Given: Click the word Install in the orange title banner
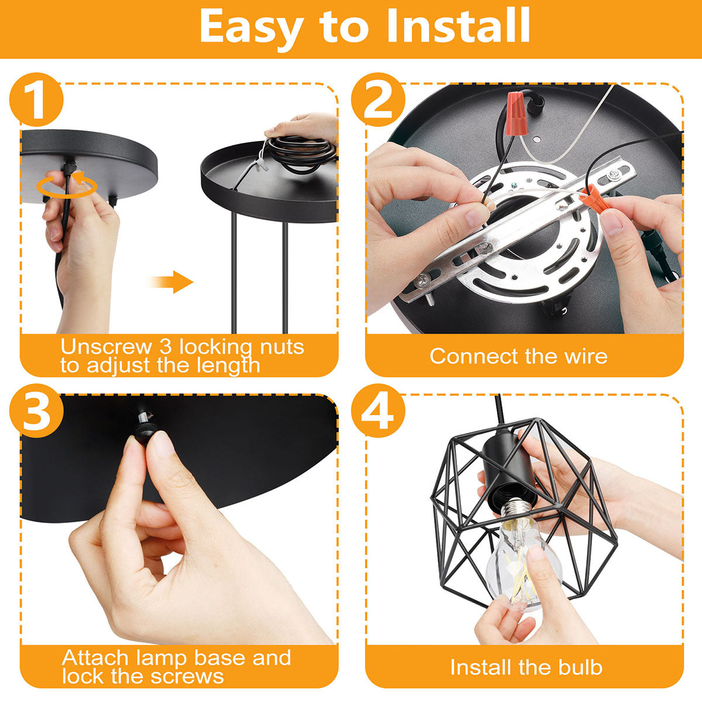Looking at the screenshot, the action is [458, 26].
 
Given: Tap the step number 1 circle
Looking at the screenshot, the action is [36, 99].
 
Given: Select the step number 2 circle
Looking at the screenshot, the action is [378, 99].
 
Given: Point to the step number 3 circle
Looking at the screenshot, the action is [36, 411].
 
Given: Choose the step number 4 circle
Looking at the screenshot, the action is [378, 411].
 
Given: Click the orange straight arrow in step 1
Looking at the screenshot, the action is [171, 281].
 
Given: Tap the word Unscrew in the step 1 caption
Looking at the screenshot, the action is [106, 346].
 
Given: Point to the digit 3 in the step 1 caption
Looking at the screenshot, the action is [166, 346].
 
